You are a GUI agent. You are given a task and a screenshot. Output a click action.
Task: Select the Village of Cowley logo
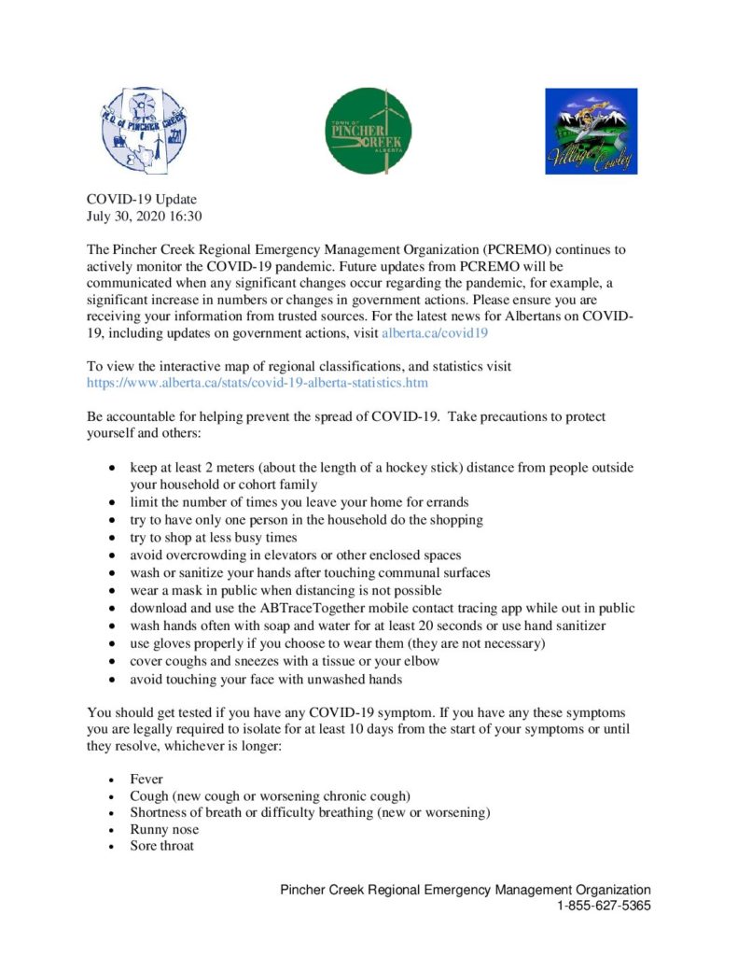click(x=591, y=132)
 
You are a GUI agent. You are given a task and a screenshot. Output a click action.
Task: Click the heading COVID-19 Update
click(x=142, y=199)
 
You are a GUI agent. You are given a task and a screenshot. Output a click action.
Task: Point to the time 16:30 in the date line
click(x=186, y=216)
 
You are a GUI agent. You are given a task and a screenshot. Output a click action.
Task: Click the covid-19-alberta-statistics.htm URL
click(x=258, y=382)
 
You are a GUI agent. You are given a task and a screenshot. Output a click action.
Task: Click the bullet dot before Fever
click(x=113, y=779)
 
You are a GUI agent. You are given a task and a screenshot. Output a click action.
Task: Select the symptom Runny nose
click(x=164, y=829)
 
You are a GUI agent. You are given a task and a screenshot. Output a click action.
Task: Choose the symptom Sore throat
click(x=162, y=846)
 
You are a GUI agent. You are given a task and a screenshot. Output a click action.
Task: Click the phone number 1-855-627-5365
click(x=604, y=906)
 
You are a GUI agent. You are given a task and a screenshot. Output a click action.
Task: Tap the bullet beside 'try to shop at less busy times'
click(x=113, y=538)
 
